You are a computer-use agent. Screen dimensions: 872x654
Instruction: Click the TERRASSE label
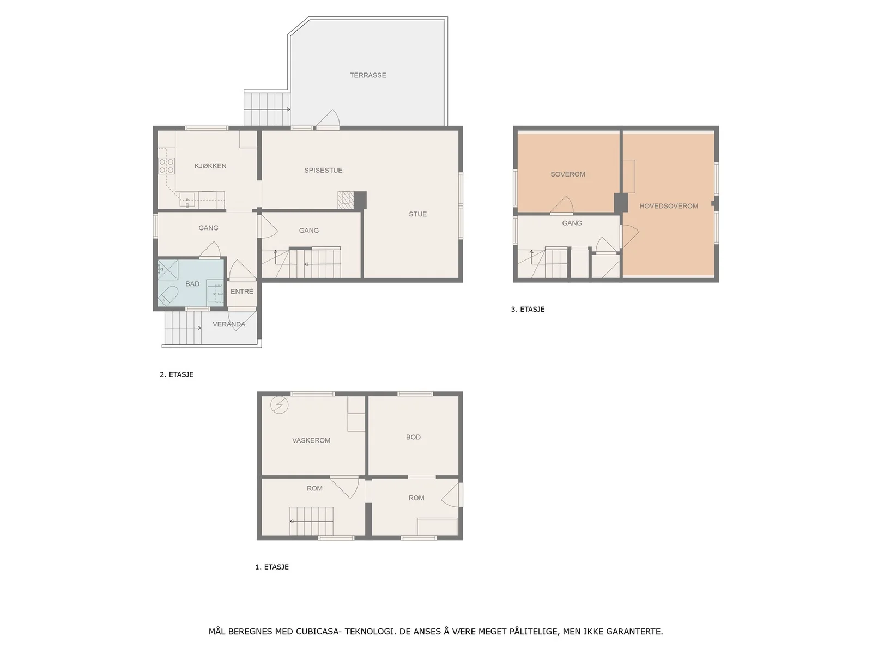click(367, 75)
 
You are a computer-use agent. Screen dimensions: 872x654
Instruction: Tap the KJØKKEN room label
click(210, 166)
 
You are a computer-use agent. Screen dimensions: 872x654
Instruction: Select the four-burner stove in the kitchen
click(166, 166)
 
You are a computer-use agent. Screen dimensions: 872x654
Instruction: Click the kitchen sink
click(187, 199)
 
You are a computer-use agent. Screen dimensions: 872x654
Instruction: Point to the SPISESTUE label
click(323, 171)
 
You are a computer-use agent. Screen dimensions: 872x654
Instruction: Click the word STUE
click(417, 214)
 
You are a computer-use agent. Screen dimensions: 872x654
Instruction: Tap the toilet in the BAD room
click(168, 295)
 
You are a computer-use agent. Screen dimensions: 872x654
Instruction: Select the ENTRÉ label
click(241, 292)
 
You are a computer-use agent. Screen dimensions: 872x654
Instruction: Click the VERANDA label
click(229, 324)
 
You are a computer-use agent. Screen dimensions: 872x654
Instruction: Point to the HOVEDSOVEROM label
click(668, 206)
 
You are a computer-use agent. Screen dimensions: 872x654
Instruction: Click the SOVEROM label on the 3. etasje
click(567, 174)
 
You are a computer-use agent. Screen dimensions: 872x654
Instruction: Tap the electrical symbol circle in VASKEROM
click(279, 405)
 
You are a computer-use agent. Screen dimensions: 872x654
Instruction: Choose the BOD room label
click(413, 437)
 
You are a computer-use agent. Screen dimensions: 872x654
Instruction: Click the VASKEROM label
click(311, 440)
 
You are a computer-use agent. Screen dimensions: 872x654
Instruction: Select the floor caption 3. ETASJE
click(528, 310)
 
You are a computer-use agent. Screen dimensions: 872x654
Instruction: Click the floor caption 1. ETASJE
click(272, 567)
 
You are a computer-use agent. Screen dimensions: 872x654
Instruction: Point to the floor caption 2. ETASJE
click(177, 374)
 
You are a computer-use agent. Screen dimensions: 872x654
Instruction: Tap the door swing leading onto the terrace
click(328, 119)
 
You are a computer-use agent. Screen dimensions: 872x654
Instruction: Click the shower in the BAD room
click(168, 270)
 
